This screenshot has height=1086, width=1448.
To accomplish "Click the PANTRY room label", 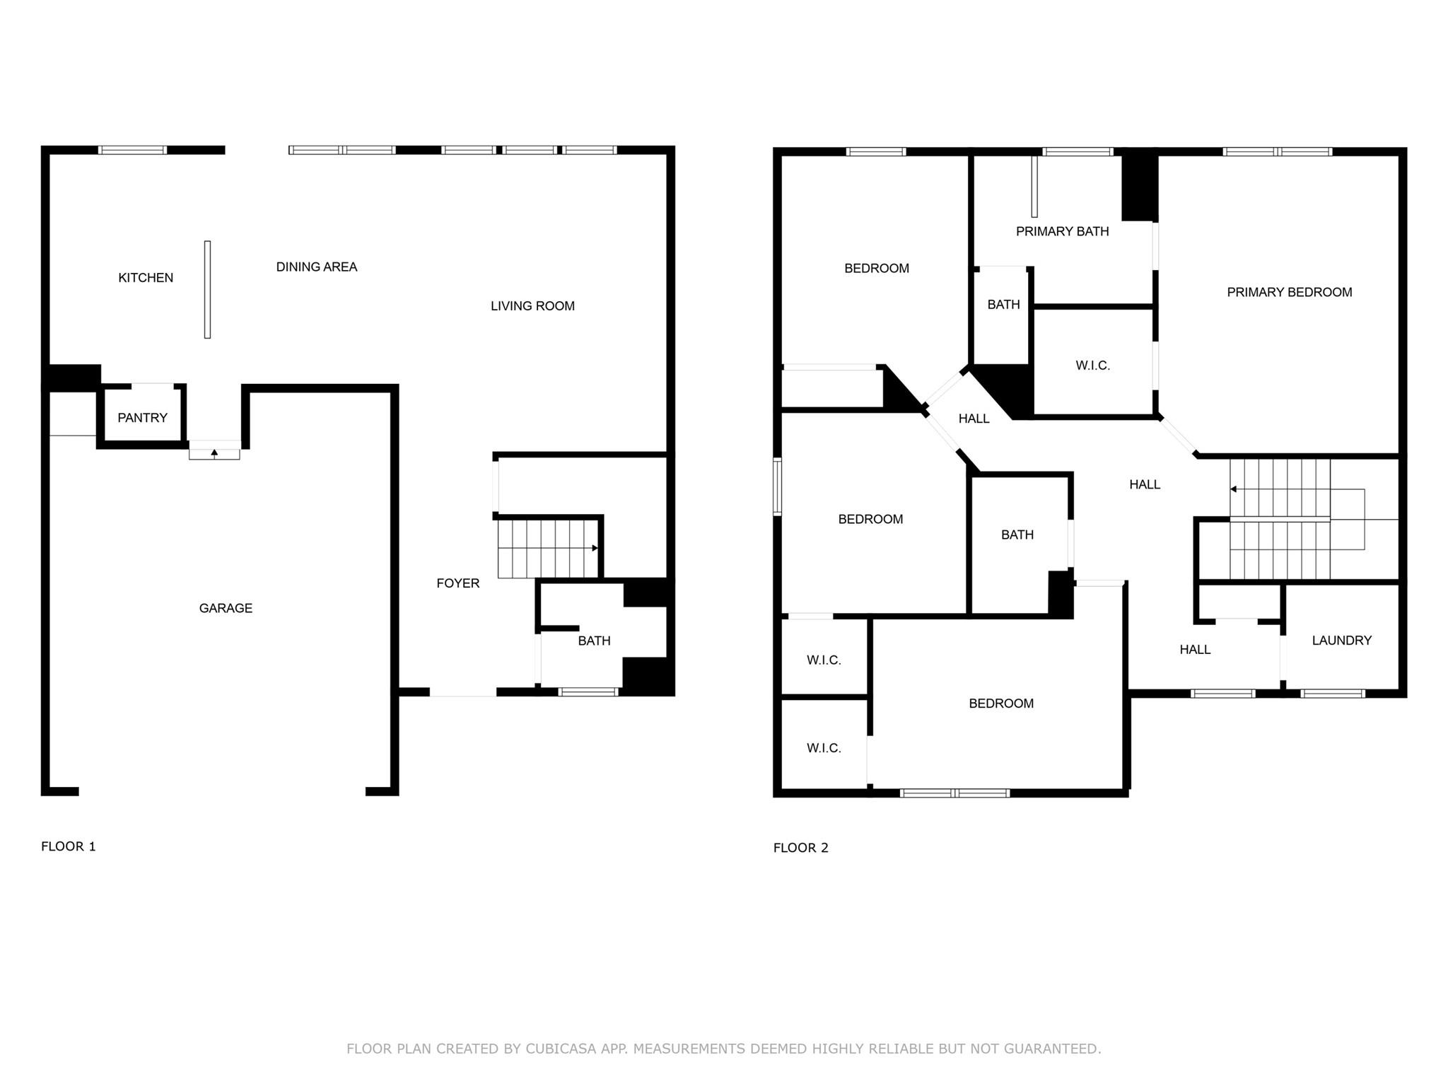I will [x=142, y=418].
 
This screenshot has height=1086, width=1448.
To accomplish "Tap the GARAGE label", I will [x=226, y=608].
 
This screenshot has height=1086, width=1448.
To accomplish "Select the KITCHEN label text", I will [x=146, y=278].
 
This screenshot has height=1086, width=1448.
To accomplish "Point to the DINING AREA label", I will [x=316, y=267].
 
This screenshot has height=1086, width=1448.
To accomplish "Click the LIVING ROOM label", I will [x=532, y=306].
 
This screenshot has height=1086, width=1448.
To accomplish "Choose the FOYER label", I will [x=457, y=583].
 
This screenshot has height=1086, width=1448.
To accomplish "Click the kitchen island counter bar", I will [x=207, y=289].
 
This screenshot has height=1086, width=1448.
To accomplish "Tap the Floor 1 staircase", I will [x=548, y=549].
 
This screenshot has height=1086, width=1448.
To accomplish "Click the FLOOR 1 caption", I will [x=69, y=846].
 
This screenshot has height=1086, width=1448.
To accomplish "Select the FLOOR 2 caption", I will [x=800, y=848].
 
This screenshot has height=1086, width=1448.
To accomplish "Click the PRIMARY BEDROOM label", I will [x=1289, y=292].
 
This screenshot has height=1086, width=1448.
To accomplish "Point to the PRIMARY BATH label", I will [x=1062, y=231].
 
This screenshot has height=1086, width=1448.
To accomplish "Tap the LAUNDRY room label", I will [x=1341, y=641].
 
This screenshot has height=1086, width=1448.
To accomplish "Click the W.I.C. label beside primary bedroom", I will [x=1092, y=366].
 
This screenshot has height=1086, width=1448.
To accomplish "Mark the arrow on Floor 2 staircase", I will [x=1233, y=489].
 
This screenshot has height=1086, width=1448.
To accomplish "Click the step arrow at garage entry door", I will [x=214, y=452].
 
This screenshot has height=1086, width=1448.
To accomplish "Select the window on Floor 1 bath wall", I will [x=588, y=692].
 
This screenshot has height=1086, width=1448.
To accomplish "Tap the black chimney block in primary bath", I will [x=1139, y=187].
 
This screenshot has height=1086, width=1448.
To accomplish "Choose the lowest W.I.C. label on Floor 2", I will [x=824, y=748].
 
